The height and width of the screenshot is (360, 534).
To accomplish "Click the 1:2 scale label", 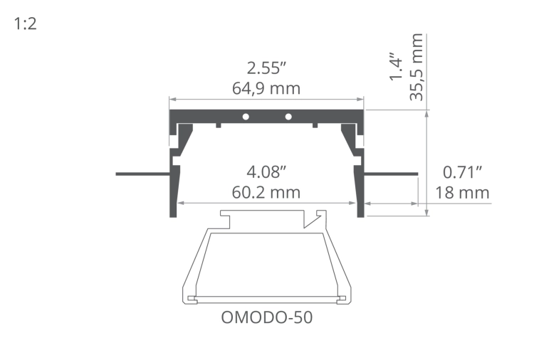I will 25,24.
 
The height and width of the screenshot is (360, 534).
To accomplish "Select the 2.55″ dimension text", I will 266,69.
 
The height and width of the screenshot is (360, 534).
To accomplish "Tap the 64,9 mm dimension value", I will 266,89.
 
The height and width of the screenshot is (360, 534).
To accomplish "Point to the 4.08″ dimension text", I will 266,172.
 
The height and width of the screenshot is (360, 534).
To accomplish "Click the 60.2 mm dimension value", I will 266,192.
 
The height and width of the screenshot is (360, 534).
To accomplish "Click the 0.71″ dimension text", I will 463,172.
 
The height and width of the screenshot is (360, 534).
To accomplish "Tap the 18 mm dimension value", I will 463,192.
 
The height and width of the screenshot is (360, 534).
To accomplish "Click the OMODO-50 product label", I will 267,317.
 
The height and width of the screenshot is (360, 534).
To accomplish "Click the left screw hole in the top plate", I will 244,116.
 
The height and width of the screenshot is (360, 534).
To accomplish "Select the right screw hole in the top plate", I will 288,116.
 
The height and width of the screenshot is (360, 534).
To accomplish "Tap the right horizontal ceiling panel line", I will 391,173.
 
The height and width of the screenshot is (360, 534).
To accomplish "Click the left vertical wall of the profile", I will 172,192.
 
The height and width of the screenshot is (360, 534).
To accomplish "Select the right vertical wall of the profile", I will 361,192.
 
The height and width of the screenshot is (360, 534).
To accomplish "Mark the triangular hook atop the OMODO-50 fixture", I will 310,219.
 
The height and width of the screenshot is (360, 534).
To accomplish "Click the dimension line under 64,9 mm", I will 266,100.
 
